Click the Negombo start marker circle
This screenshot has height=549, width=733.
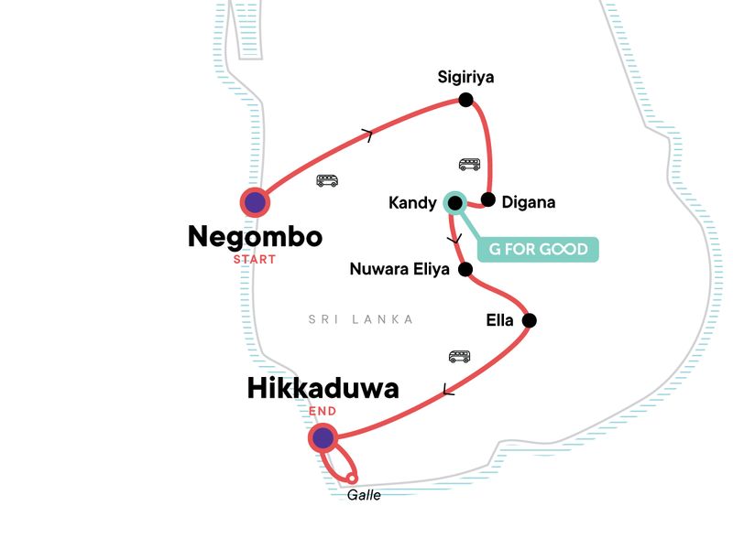[x=255, y=202]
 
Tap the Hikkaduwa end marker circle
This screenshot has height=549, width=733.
[x=323, y=438]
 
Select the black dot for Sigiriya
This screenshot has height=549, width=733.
[x=465, y=100]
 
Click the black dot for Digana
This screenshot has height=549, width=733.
[x=488, y=199]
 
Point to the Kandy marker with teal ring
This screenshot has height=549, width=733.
[x=454, y=202]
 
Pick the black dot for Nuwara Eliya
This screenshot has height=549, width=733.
[x=465, y=269]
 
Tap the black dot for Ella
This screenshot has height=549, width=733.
[x=529, y=320]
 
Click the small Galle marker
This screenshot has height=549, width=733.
[x=351, y=477]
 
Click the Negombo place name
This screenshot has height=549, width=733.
[x=255, y=237]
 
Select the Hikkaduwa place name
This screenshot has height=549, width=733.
[x=323, y=389]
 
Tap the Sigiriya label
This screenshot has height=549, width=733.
[x=465, y=77]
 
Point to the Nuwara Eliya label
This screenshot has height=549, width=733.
[x=400, y=269]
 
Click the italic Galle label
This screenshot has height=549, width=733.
[x=364, y=495]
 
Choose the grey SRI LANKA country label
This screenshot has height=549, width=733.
[x=361, y=319]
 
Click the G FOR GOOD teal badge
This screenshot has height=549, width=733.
[x=538, y=250]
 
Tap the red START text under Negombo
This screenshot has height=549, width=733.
[x=255, y=259]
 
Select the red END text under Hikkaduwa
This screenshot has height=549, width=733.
[x=323, y=411]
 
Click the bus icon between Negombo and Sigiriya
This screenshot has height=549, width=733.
[x=327, y=180]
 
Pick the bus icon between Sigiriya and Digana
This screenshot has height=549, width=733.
[x=469, y=165]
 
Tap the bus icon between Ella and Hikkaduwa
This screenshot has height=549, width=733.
[x=459, y=356]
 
